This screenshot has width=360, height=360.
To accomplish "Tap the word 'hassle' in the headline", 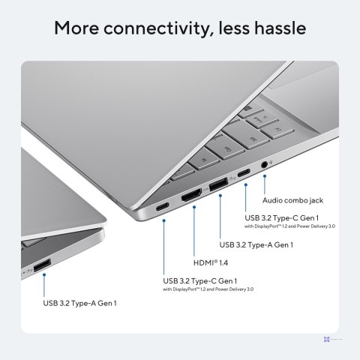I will [277, 28].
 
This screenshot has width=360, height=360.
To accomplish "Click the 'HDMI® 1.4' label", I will [211, 262].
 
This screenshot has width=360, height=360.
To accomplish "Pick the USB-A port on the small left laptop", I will [41, 264].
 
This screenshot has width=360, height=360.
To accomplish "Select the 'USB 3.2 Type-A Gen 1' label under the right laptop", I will [256, 244].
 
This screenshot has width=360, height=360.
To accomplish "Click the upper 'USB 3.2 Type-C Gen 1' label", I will [283, 217].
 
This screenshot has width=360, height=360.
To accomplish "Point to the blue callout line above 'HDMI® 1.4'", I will [194, 232].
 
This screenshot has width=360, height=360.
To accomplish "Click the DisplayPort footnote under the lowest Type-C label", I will [208, 289].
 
